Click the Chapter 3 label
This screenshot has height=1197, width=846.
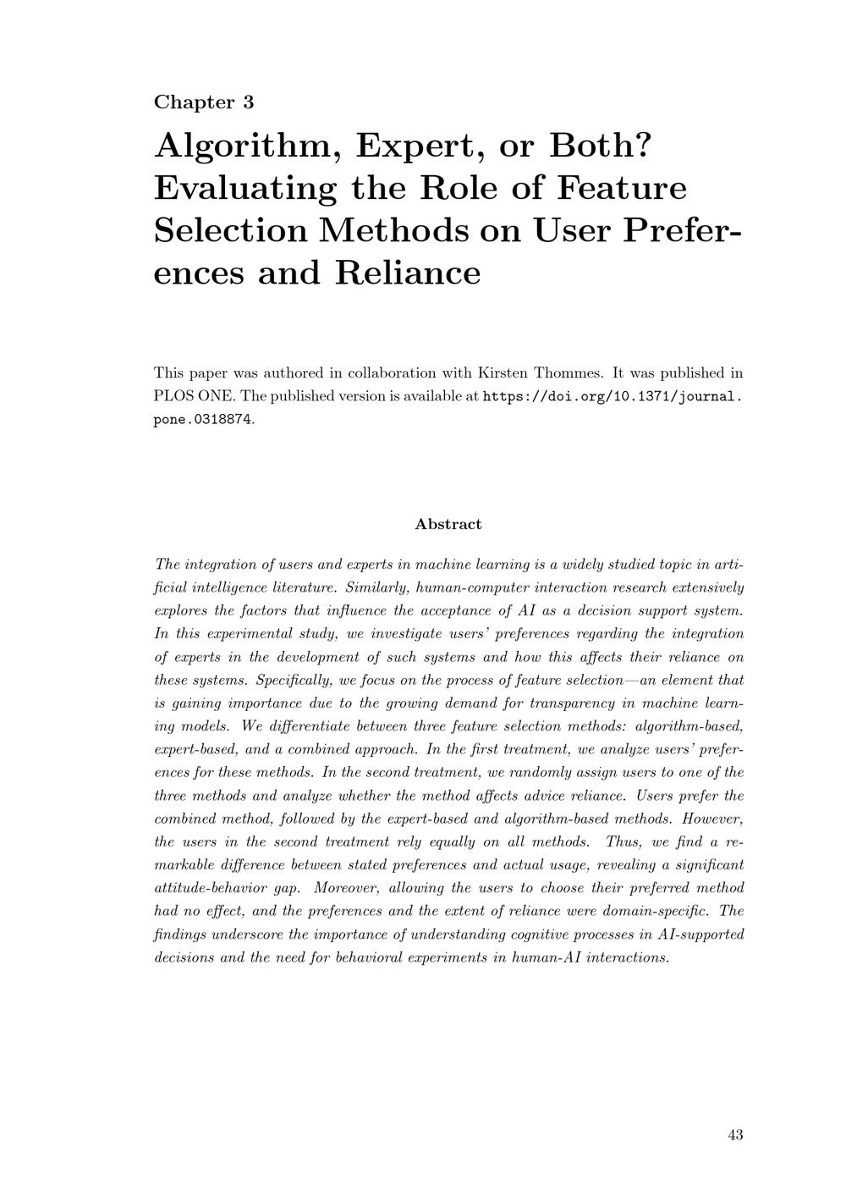coord(204,102)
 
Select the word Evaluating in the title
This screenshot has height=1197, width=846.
coord(245,188)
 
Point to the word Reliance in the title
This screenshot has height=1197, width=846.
coord(409,273)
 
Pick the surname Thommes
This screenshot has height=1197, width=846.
coord(571,372)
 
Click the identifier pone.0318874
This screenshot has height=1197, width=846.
coord(203,420)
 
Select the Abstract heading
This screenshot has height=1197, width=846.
coord(448,524)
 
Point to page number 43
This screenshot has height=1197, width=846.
coord(735,1135)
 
